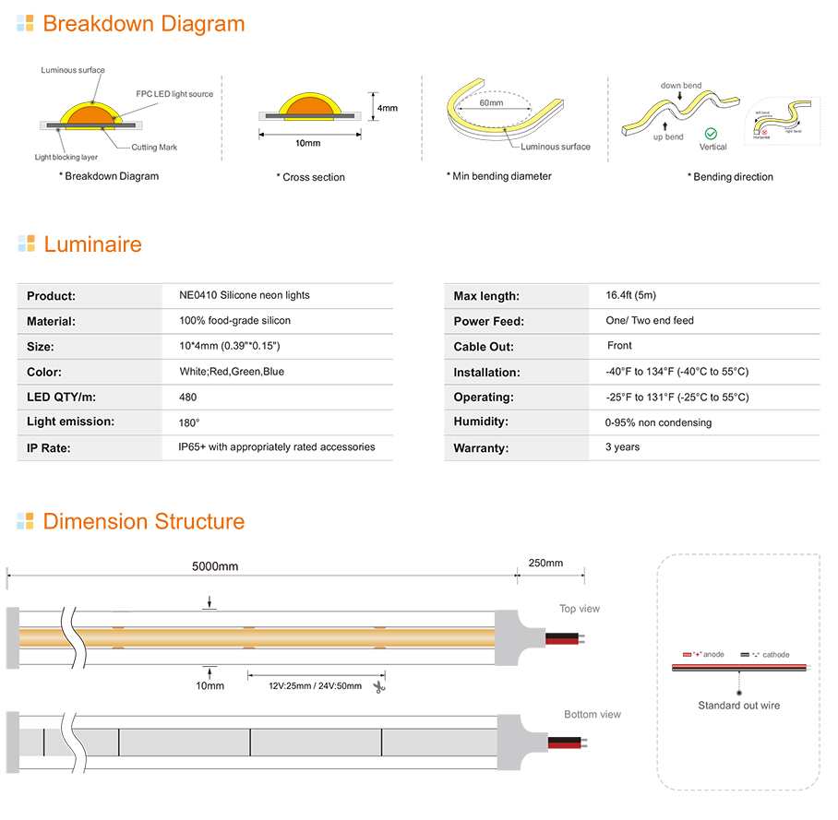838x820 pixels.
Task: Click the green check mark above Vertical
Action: (x=710, y=134)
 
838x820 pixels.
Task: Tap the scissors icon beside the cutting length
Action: (x=378, y=686)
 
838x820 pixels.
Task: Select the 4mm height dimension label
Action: (x=388, y=108)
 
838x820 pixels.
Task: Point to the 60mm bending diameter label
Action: (x=491, y=103)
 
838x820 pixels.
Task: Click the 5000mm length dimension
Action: (x=215, y=565)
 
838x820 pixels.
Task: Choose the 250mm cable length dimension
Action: (x=545, y=564)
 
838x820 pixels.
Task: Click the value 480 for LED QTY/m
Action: (x=187, y=398)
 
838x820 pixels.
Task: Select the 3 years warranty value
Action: (x=622, y=447)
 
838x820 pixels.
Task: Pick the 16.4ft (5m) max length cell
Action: (x=630, y=295)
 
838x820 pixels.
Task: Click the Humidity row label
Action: (x=480, y=422)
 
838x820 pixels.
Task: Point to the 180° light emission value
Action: (x=189, y=422)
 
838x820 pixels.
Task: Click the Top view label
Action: (x=579, y=609)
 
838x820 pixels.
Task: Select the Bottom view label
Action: (x=593, y=715)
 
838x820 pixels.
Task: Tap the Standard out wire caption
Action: (x=738, y=706)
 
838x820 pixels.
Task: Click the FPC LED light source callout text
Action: (x=174, y=94)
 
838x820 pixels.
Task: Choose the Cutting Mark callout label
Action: (x=154, y=148)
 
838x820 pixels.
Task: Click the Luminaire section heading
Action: (x=92, y=244)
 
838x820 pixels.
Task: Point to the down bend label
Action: (x=681, y=86)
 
